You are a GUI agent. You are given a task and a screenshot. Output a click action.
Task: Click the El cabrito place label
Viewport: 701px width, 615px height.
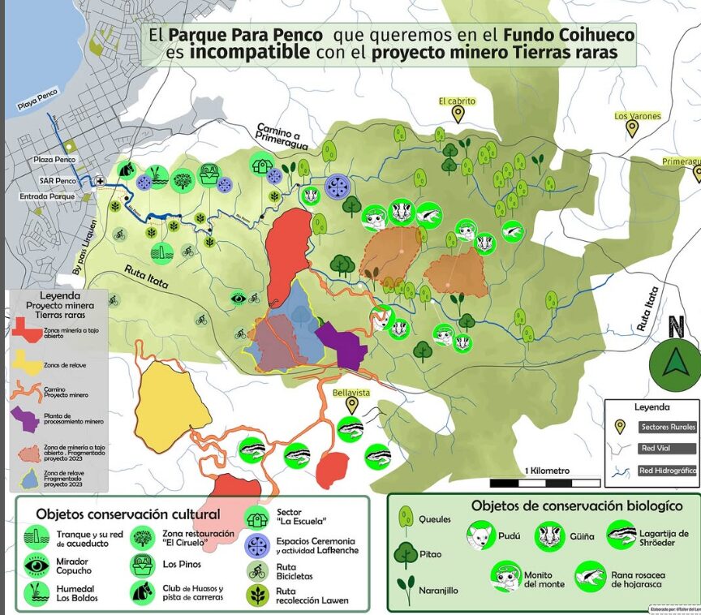[x=457, y=101]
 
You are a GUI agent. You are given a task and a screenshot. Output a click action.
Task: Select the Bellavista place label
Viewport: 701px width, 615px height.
[x=351, y=393]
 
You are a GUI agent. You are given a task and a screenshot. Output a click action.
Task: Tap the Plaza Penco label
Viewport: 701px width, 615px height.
[x=54, y=161]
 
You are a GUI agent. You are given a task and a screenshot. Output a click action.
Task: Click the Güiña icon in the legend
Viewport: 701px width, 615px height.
[x=550, y=536]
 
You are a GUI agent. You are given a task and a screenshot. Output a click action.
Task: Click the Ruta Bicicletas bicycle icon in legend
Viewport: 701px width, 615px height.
[x=258, y=570]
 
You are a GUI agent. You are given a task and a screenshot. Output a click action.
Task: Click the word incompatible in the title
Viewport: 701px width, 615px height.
[x=250, y=53]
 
